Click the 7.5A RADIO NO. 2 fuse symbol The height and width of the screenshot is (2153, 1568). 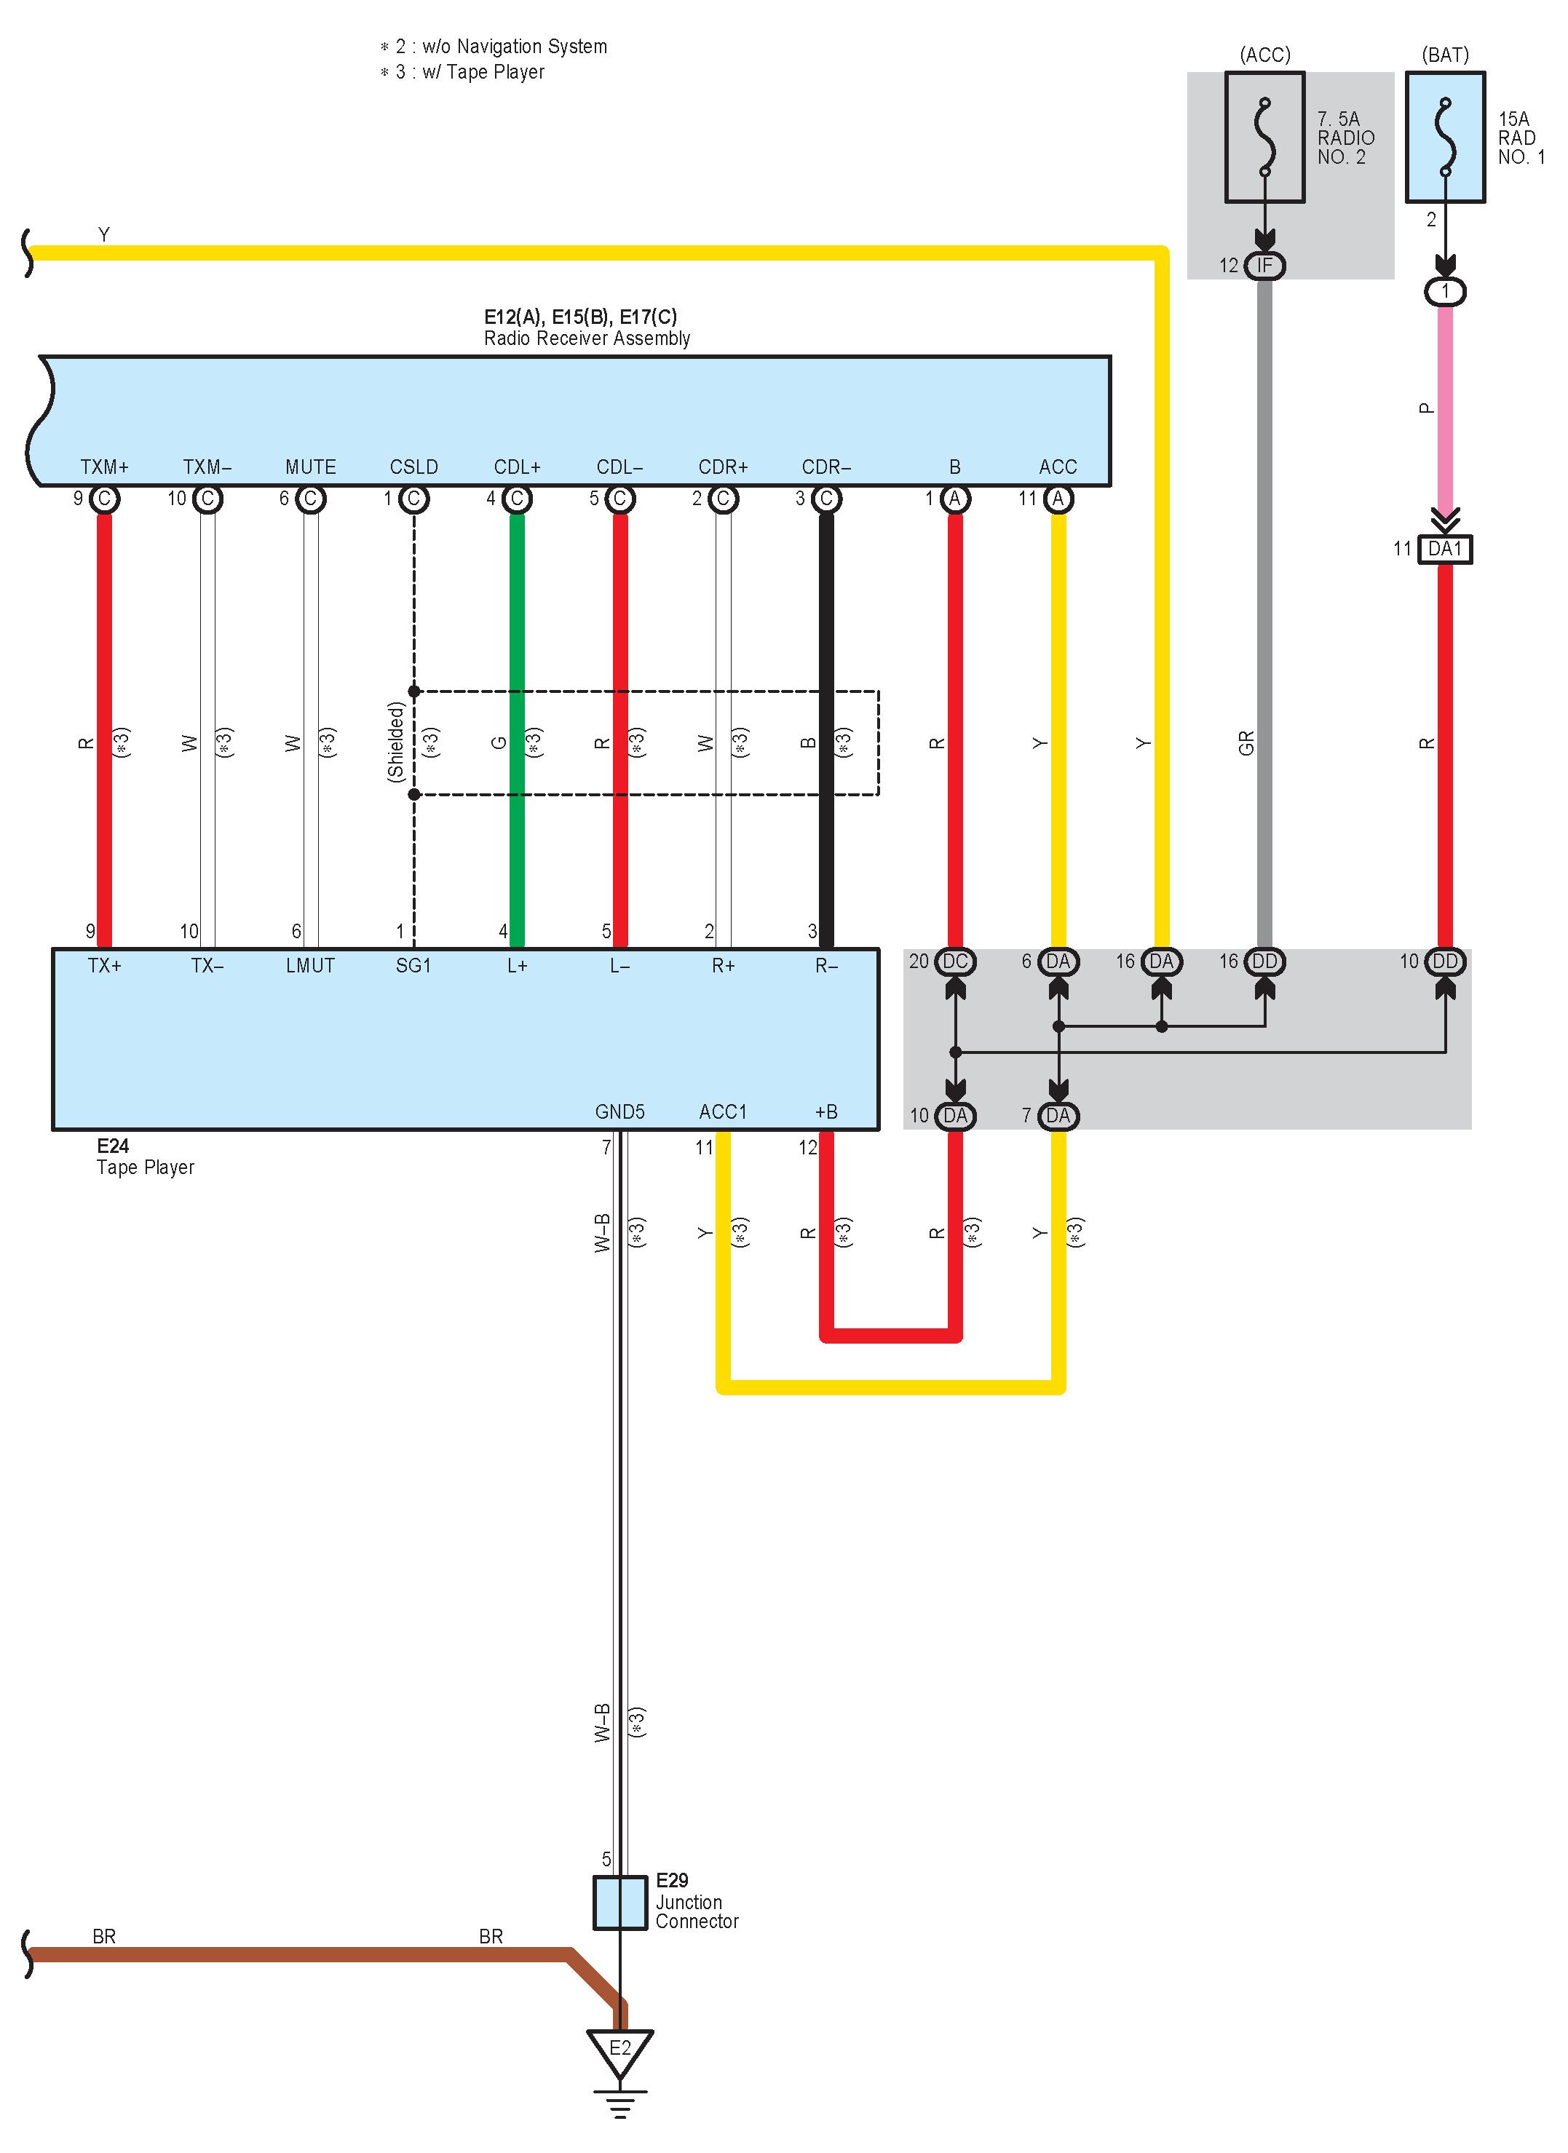click(1264, 138)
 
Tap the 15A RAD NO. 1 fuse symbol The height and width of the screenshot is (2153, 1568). click(1444, 138)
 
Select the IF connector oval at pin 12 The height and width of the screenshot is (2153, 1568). click(1264, 266)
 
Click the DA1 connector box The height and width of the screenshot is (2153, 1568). click(1444, 549)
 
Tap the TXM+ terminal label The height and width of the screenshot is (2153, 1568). click(104, 467)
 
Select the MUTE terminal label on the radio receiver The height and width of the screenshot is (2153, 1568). click(310, 467)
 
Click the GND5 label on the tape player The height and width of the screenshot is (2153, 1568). click(619, 1111)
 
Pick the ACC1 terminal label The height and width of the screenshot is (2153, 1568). click(724, 1111)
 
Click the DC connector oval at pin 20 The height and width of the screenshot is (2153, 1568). click(955, 961)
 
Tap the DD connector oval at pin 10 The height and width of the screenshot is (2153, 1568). click(1444, 961)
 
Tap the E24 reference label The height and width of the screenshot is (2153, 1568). click(113, 1146)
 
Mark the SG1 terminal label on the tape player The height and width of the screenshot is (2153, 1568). click(413, 965)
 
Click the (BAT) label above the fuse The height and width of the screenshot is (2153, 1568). click(1444, 55)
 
